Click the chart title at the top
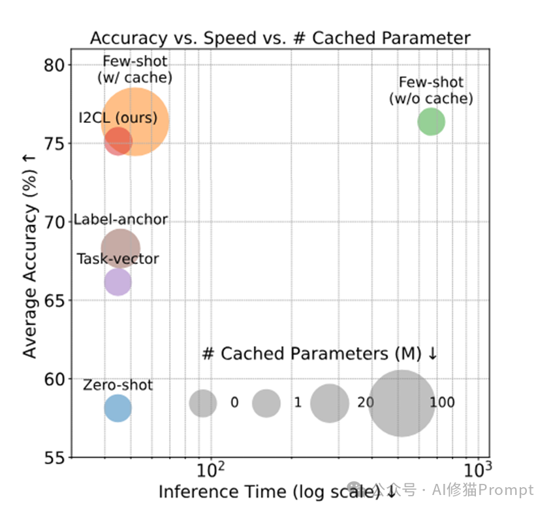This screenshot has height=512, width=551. point(280,38)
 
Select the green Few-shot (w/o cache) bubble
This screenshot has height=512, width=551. point(431,122)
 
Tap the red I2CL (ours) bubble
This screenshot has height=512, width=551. point(118,140)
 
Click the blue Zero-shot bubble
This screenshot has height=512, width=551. point(118,408)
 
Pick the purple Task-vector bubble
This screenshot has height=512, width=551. point(118,282)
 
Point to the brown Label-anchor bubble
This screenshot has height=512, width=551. point(120,248)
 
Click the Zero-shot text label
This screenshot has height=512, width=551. point(118,385)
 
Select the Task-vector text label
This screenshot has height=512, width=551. point(118,259)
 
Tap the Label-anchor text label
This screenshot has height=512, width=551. point(121,220)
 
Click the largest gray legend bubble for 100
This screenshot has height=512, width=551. point(402,403)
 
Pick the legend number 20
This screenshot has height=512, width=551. point(366,403)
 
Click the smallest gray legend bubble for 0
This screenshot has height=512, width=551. point(203,403)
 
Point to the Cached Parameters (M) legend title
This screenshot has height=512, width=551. point(320,354)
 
